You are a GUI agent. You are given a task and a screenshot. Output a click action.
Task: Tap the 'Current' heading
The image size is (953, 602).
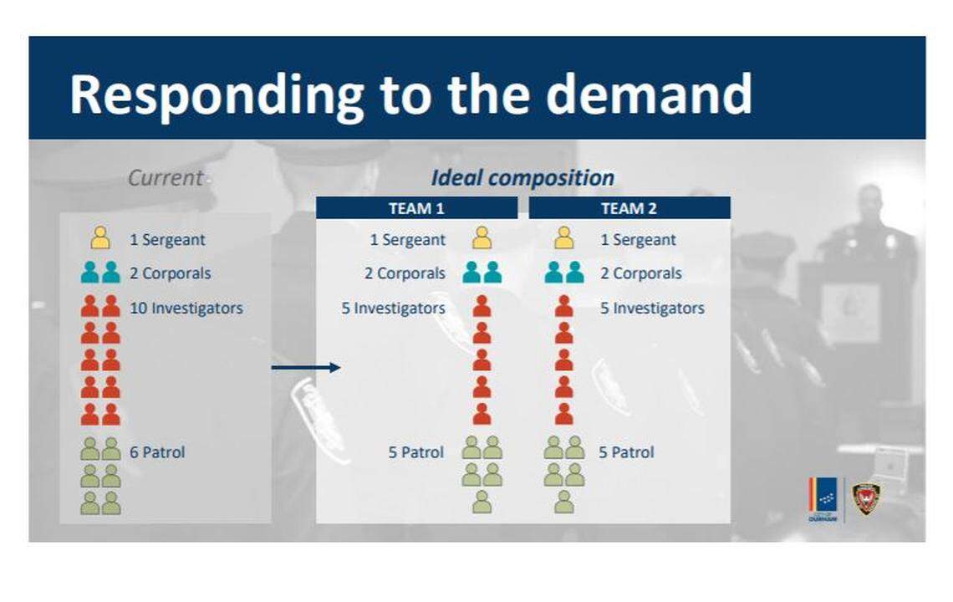coord(166,177)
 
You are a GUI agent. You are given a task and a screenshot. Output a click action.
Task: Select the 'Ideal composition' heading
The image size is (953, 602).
coord(522,177)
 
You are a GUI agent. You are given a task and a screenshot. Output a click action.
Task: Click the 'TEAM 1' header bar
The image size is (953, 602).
coord(416,208)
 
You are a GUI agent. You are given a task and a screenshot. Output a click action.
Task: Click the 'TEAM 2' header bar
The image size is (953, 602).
coord(629,208)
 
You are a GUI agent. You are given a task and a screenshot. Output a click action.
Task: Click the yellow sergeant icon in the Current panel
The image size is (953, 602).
coord(100,238)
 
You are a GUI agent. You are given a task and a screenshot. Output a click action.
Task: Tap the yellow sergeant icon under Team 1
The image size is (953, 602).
coord(482,238)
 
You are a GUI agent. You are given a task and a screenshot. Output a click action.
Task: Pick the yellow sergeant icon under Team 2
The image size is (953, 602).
coord(564,238)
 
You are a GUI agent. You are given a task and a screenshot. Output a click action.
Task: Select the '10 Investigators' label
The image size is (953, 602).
coord(186,308)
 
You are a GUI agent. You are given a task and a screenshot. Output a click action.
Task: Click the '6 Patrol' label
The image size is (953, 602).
coord(157,452)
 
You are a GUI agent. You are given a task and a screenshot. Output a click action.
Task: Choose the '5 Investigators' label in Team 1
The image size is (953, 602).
coord(393,308)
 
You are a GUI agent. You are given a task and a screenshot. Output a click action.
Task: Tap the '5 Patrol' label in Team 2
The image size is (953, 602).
coord(626,452)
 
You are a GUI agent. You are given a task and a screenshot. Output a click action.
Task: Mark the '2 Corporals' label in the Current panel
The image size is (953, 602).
coord(170,273)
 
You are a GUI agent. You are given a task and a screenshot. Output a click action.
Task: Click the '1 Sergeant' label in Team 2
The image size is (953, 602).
coord(637,239)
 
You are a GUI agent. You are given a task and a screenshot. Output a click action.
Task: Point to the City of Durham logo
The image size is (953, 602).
coord(823,499)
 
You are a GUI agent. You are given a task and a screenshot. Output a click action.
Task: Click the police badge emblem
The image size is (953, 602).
coord(865,497)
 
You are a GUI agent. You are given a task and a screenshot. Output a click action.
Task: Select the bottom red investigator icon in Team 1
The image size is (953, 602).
coord(482,414)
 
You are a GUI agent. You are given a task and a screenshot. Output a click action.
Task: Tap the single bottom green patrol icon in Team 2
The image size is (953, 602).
coord(564,502)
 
